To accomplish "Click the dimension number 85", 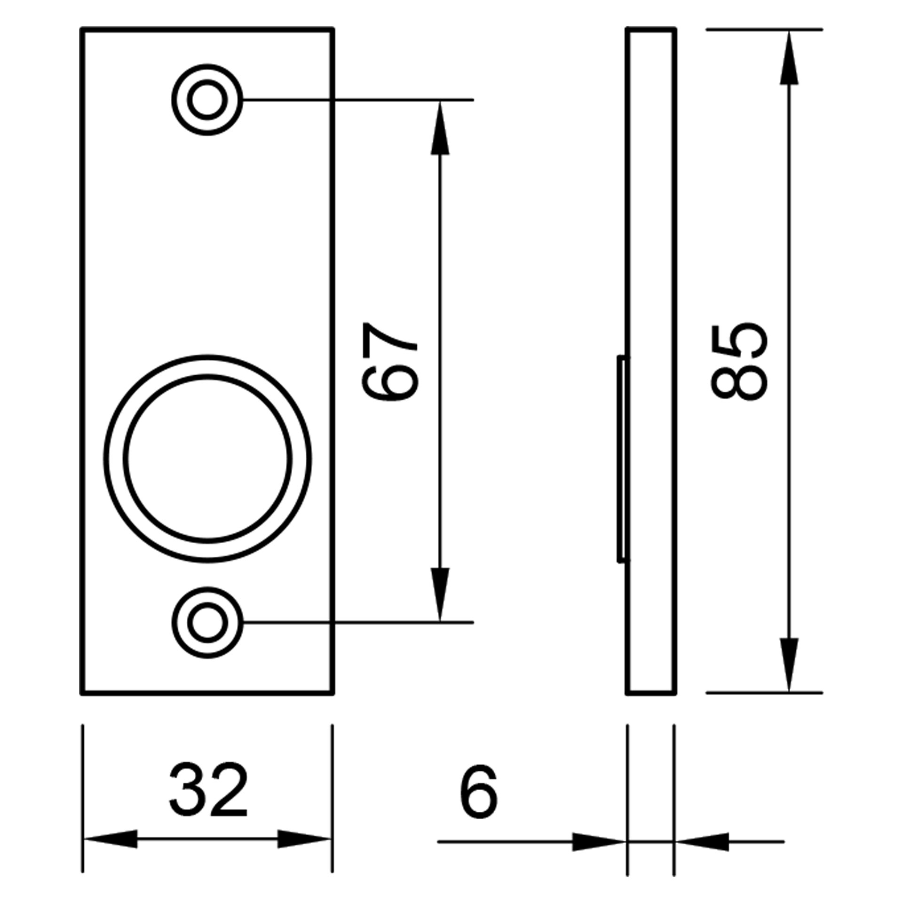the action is [x=740, y=362].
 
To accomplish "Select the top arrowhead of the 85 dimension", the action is [x=789, y=57].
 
